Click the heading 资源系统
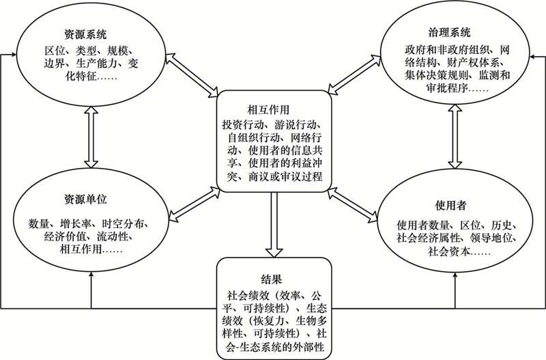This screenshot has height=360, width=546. coord(85,35)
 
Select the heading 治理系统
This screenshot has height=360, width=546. coord(449,32)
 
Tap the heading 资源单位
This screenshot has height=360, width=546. coord(85,199)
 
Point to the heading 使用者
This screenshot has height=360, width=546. coord(450,205)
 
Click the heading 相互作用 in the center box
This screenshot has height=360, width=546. coord(268,110)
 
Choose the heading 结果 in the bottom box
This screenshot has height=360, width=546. coord(271,279)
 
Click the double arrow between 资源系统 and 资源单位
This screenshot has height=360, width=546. coord(91,137)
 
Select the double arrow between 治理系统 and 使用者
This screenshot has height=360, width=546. coord(455,136)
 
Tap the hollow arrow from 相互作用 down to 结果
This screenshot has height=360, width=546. coord(274,225)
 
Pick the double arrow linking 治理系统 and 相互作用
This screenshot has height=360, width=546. coord(354,74)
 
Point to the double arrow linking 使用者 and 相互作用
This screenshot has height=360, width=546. coord(352,204)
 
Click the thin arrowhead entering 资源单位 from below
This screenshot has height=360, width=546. coord(91,274)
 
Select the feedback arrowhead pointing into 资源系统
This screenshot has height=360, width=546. coord(13,55)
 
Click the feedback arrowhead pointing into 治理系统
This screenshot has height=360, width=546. coord(532,56)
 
